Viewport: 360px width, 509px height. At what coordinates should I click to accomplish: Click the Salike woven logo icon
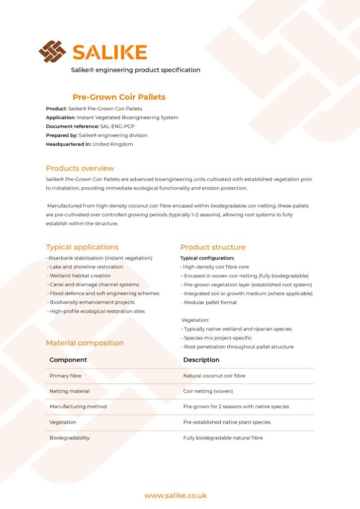click(x=52, y=52)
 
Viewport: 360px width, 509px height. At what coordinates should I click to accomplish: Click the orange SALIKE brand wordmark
click(x=109, y=52)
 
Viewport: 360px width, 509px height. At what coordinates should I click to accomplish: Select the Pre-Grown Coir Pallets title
click(x=119, y=97)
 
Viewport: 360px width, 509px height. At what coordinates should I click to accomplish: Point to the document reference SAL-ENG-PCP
click(x=117, y=126)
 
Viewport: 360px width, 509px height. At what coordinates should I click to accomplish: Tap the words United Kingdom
click(x=112, y=144)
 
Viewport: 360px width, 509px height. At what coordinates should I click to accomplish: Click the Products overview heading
click(x=80, y=168)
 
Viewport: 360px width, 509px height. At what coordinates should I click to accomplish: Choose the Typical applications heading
click(x=82, y=247)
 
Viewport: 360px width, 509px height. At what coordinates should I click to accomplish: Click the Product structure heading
click(x=213, y=247)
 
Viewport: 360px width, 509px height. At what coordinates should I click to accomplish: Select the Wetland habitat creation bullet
click(x=80, y=275)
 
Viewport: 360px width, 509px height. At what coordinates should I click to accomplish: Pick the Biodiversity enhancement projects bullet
click(x=92, y=302)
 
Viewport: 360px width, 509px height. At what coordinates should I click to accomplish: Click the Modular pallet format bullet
click(x=210, y=302)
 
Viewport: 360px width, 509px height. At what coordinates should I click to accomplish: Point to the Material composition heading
click(x=85, y=343)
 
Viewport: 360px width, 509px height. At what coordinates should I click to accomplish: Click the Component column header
click(x=68, y=360)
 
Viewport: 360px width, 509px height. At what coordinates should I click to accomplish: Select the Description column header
click(x=201, y=360)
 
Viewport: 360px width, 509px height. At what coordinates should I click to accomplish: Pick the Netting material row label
click(x=70, y=391)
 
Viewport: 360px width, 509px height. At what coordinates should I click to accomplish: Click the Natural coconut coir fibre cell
click(x=214, y=376)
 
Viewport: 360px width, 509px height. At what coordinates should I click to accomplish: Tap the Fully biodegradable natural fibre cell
click(x=223, y=438)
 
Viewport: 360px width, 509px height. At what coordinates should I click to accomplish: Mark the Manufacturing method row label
click(x=78, y=407)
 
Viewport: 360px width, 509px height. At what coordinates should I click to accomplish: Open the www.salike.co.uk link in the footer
click(x=176, y=496)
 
